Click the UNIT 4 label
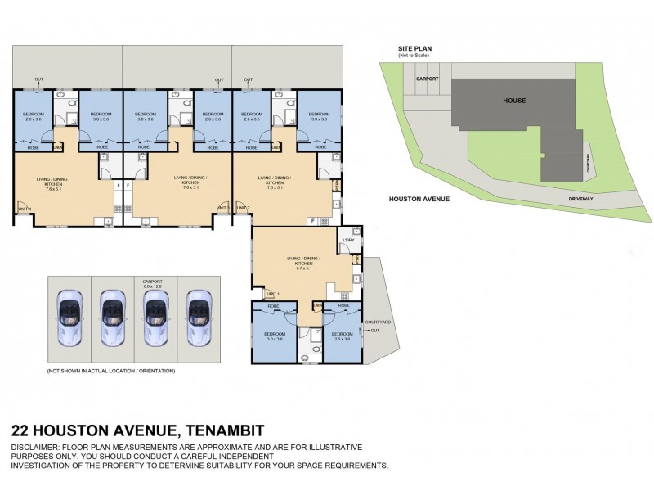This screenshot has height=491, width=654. [25, 209]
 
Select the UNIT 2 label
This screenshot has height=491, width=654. [243, 209]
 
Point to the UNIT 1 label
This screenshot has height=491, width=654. [272, 295]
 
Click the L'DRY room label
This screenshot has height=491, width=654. [347, 240]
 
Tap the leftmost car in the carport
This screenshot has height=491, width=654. [69, 315]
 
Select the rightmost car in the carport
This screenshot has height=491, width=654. [197, 315]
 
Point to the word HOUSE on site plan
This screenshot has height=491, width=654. [514, 101]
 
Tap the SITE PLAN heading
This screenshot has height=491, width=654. [414, 49]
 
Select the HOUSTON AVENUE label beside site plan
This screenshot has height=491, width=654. [419, 199]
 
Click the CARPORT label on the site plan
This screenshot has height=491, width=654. [428, 79]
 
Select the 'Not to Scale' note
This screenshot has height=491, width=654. [414, 56]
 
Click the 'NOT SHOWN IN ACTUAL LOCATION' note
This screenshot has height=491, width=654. [111, 371]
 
